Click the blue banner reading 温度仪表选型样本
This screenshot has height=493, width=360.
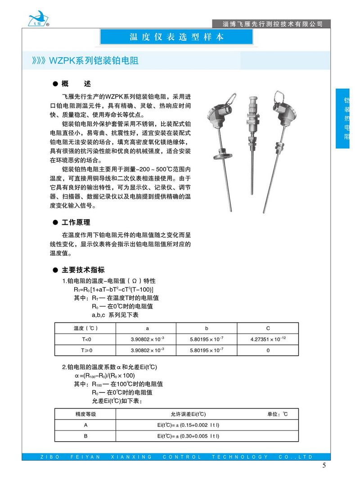pos(176,37)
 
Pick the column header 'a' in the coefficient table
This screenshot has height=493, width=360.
pos(147,328)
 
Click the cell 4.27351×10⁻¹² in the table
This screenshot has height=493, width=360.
pos(268,339)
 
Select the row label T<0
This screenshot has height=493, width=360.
pos(86,339)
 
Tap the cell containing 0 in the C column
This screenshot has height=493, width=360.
pos(268,350)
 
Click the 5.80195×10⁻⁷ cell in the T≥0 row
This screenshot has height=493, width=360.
pos(207,350)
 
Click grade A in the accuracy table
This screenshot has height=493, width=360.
pos(85,425)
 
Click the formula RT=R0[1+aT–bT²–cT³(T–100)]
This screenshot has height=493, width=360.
pos(111,289)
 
